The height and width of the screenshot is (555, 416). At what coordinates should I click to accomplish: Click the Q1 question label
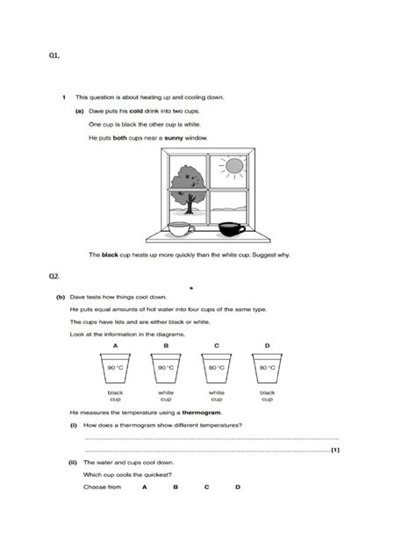(54, 55)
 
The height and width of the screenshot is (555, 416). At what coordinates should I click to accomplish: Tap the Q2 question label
(54, 277)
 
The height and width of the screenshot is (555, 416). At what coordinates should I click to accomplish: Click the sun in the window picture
(234, 165)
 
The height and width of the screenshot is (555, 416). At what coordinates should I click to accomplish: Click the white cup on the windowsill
(181, 229)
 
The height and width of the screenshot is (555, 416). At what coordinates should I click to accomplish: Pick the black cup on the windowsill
(232, 229)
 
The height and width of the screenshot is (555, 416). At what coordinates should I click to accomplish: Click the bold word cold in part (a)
(136, 111)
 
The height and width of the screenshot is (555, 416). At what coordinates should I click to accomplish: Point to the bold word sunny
(174, 138)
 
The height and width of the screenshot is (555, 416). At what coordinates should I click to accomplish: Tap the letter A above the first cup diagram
(115, 345)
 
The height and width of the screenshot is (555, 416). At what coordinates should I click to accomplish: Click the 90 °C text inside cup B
(166, 368)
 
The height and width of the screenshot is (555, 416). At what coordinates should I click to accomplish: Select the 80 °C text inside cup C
(217, 368)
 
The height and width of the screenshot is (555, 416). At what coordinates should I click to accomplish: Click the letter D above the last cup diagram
(267, 345)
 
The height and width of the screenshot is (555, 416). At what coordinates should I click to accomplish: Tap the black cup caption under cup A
(115, 396)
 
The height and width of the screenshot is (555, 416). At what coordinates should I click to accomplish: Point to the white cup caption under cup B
(166, 396)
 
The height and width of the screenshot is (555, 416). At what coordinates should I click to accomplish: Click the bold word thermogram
(202, 413)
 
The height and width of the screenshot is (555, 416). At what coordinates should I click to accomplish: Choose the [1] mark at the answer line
(335, 450)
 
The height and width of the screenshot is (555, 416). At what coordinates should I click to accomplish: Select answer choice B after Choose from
(176, 487)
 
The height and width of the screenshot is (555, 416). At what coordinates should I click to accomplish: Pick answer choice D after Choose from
(238, 487)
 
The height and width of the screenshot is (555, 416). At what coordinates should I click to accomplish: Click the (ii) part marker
(73, 463)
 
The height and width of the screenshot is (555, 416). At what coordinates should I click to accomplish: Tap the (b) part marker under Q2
(61, 297)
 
